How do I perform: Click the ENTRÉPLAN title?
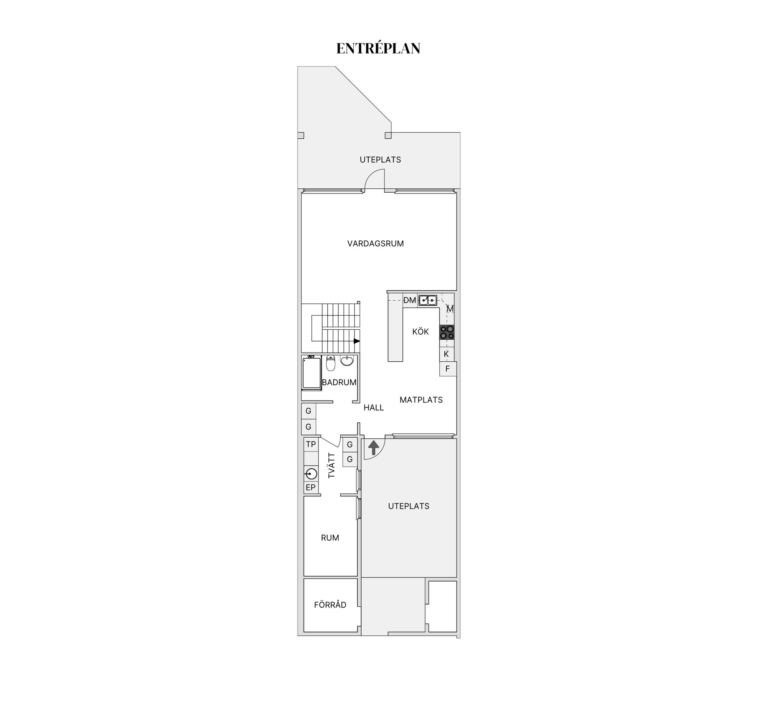378,48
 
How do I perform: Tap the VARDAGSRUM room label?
375,243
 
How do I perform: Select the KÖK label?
420,332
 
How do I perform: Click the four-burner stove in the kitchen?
447,332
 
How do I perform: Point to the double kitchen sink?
427,300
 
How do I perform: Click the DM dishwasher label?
410,300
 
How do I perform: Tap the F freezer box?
447,369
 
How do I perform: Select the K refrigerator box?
446,354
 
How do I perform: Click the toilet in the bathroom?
330,363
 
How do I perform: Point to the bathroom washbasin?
347,360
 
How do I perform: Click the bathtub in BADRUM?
311,373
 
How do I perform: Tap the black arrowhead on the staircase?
357,341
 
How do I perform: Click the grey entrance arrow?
373,448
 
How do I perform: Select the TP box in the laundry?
311,444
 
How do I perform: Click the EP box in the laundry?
311,487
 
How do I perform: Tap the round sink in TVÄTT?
311,473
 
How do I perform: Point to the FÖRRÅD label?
330,605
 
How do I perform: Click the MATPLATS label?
421,400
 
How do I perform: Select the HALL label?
373,408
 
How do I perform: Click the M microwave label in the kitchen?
450,309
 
